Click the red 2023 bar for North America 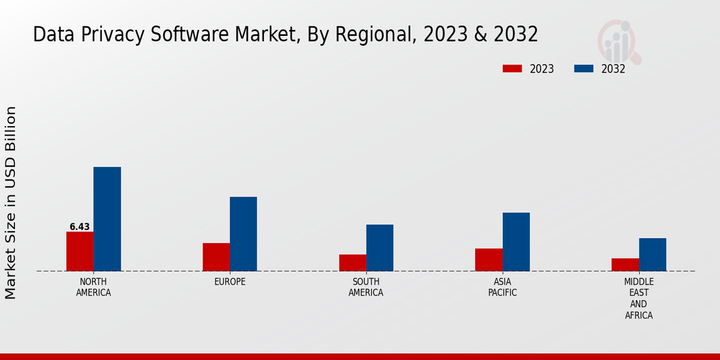80,251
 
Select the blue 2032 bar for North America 107,219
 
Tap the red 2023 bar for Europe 216,257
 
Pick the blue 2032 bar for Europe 243,234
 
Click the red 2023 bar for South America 352,263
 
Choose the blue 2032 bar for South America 380,248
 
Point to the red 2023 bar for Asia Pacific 488,260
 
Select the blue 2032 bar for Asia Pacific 516,242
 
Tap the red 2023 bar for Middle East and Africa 625,265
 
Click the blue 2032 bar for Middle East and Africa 652,254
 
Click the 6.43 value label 79,227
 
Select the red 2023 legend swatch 512,69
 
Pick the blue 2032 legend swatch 583,69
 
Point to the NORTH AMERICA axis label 94,287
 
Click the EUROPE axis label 230,282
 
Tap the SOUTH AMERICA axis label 366,287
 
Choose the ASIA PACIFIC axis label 502,287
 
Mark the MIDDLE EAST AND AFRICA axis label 638,298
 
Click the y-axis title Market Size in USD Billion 11,203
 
